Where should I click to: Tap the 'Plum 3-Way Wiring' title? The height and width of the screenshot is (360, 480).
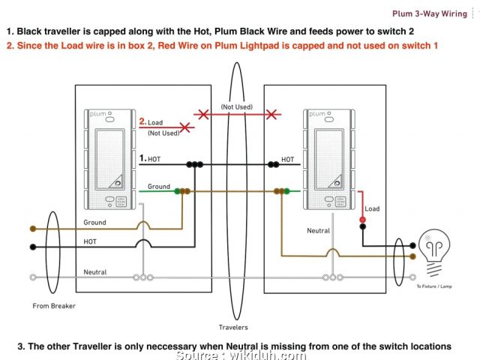430,13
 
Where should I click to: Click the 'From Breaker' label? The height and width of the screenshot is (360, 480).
54,305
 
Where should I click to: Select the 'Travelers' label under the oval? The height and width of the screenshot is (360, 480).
233,327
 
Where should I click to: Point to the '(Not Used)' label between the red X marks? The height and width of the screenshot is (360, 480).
236,107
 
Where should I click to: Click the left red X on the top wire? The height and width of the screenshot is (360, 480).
200,115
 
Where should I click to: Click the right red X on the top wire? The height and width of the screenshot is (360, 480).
272,115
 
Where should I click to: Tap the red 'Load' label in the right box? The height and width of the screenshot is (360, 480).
372,208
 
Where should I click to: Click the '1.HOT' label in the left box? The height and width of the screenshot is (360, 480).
150,159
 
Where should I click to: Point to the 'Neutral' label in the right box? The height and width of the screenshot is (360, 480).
318,231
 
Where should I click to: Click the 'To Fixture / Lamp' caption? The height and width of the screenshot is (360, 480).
434,287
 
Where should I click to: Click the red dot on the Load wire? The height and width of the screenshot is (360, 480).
362,220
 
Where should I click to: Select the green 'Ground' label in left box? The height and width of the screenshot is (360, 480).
159,186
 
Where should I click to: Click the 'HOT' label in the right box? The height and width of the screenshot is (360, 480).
287,159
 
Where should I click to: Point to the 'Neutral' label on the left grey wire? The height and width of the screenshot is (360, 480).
94,271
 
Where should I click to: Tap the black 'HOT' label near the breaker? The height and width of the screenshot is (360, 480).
89,241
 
